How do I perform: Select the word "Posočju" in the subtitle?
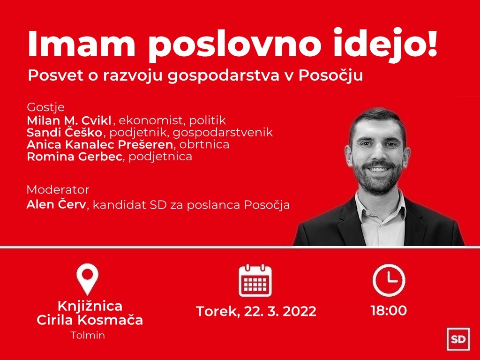pyautogui.click(x=330, y=75)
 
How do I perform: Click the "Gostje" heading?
pyautogui.click(x=46, y=108)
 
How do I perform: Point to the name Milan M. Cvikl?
pyautogui.click(x=69, y=120)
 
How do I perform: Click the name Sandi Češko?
pyautogui.click(x=64, y=132)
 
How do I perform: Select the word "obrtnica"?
pyautogui.click(x=204, y=144)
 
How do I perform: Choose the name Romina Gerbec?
pyautogui.click(x=75, y=157)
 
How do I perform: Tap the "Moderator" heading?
pyautogui.click(x=58, y=190)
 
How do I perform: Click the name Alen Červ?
pyautogui.click(x=56, y=204)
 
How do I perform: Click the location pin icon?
pyautogui.click(x=88, y=279)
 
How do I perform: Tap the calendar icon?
pyautogui.click(x=255, y=280)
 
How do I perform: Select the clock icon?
pyautogui.click(x=389, y=280)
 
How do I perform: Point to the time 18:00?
pyautogui.click(x=389, y=310)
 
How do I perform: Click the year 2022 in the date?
pyautogui.click(x=300, y=311)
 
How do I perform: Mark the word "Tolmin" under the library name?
pyautogui.click(x=88, y=335)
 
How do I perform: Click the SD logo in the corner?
pyautogui.click(x=458, y=339)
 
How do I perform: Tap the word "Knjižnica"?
pyautogui.click(x=90, y=306)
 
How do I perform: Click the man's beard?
pyautogui.click(x=378, y=178)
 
